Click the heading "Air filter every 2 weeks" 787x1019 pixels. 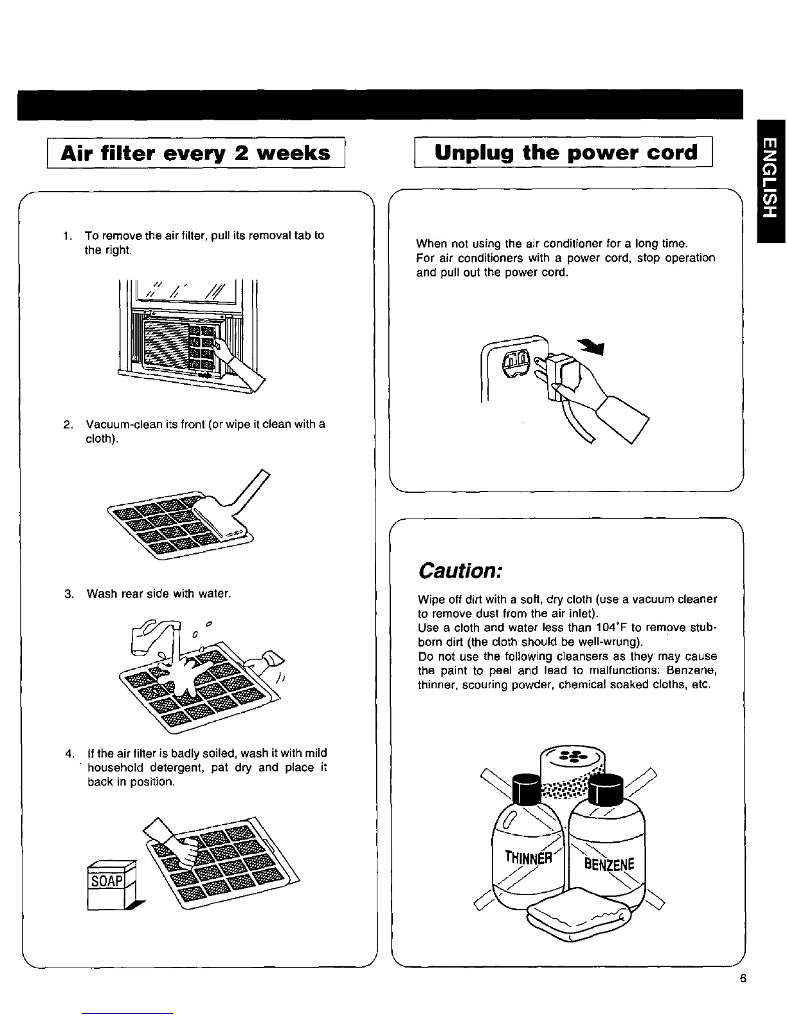[x=195, y=153]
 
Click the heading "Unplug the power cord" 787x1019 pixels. [x=565, y=152]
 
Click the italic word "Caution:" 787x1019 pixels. [x=459, y=571]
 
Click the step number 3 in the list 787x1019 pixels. [x=68, y=593]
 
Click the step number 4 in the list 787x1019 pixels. [x=68, y=753]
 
